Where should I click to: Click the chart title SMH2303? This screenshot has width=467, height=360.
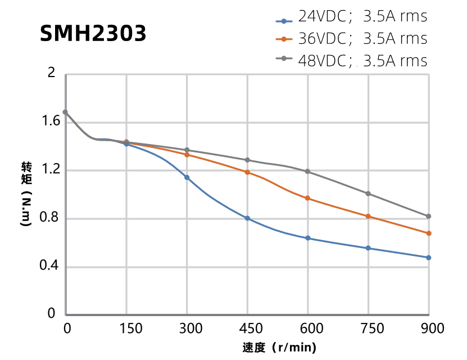93,34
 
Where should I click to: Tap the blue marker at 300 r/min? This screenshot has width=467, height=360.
187,178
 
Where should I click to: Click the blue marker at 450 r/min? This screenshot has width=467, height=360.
247,218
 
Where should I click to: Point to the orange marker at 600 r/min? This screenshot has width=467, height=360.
307,198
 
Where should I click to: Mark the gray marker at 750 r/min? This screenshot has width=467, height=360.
368,193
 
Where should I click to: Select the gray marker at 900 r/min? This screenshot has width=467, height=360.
429,216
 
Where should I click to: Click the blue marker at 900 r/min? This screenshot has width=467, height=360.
429,258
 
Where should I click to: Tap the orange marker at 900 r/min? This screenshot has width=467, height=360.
429,233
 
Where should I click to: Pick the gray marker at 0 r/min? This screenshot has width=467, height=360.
65,112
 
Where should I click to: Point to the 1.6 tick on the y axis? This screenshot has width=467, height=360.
49,121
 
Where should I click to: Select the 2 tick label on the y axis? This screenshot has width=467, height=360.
52,73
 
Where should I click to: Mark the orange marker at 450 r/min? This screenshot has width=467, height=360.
247,172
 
